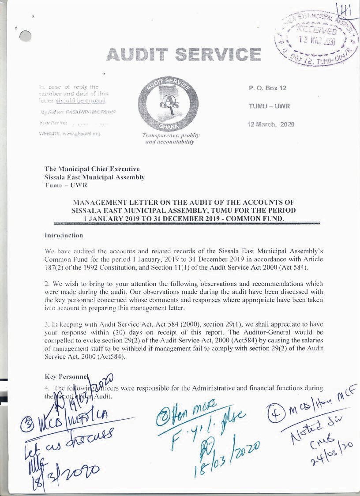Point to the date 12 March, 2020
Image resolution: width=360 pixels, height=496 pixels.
pos(271,124)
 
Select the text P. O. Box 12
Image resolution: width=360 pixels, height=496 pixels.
pos(267,88)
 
